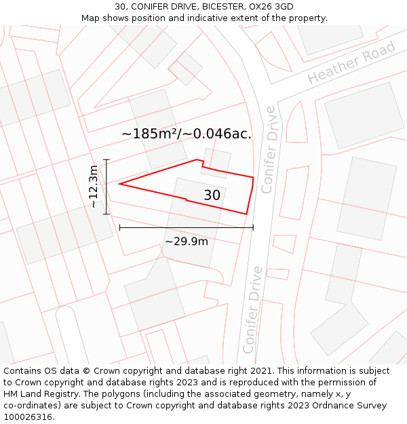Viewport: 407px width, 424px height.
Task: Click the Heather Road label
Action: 351,63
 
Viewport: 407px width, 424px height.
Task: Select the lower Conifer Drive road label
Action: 252,309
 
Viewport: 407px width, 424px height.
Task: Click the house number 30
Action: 212,195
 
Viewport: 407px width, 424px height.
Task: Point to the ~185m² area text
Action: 150,134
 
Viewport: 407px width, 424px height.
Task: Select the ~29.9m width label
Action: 187,241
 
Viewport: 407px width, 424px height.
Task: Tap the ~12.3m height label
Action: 94,187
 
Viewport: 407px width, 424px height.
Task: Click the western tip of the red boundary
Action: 119,184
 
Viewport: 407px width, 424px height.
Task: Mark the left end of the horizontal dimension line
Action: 119,228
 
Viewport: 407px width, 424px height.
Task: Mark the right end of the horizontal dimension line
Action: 253,228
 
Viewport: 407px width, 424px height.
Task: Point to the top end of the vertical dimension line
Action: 106,159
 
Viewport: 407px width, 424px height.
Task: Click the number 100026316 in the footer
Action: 28,417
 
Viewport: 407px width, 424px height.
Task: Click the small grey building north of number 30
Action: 216,162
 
